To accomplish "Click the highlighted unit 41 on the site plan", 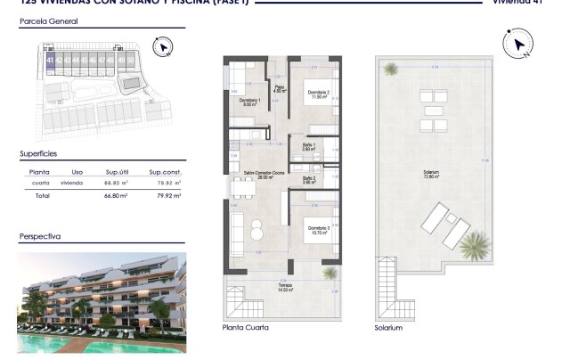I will (x=51, y=61).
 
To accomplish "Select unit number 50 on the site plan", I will (x=131, y=61).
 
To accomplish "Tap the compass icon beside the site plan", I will (x=161, y=46).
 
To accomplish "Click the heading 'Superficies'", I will (x=39, y=153).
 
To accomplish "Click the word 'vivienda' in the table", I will (x=72, y=182).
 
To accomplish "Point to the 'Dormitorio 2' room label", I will (x=318, y=95).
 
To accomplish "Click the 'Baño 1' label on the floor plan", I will (x=308, y=146).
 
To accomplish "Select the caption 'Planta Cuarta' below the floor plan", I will (x=245, y=328).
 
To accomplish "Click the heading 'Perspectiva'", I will (x=40, y=238).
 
